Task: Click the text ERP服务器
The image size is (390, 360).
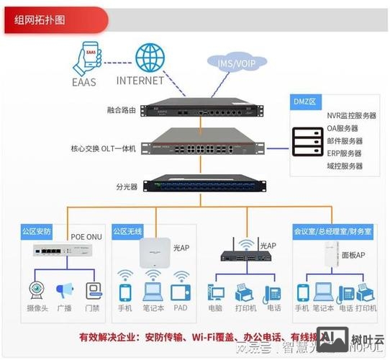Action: [345, 153]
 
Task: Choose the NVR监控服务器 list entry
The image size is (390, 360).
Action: [352, 115]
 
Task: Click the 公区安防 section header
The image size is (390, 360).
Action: [37, 232]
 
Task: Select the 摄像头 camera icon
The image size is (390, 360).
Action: [36, 290]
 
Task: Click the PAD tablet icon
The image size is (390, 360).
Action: [180, 292]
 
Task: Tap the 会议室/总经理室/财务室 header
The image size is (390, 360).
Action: [332, 232]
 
